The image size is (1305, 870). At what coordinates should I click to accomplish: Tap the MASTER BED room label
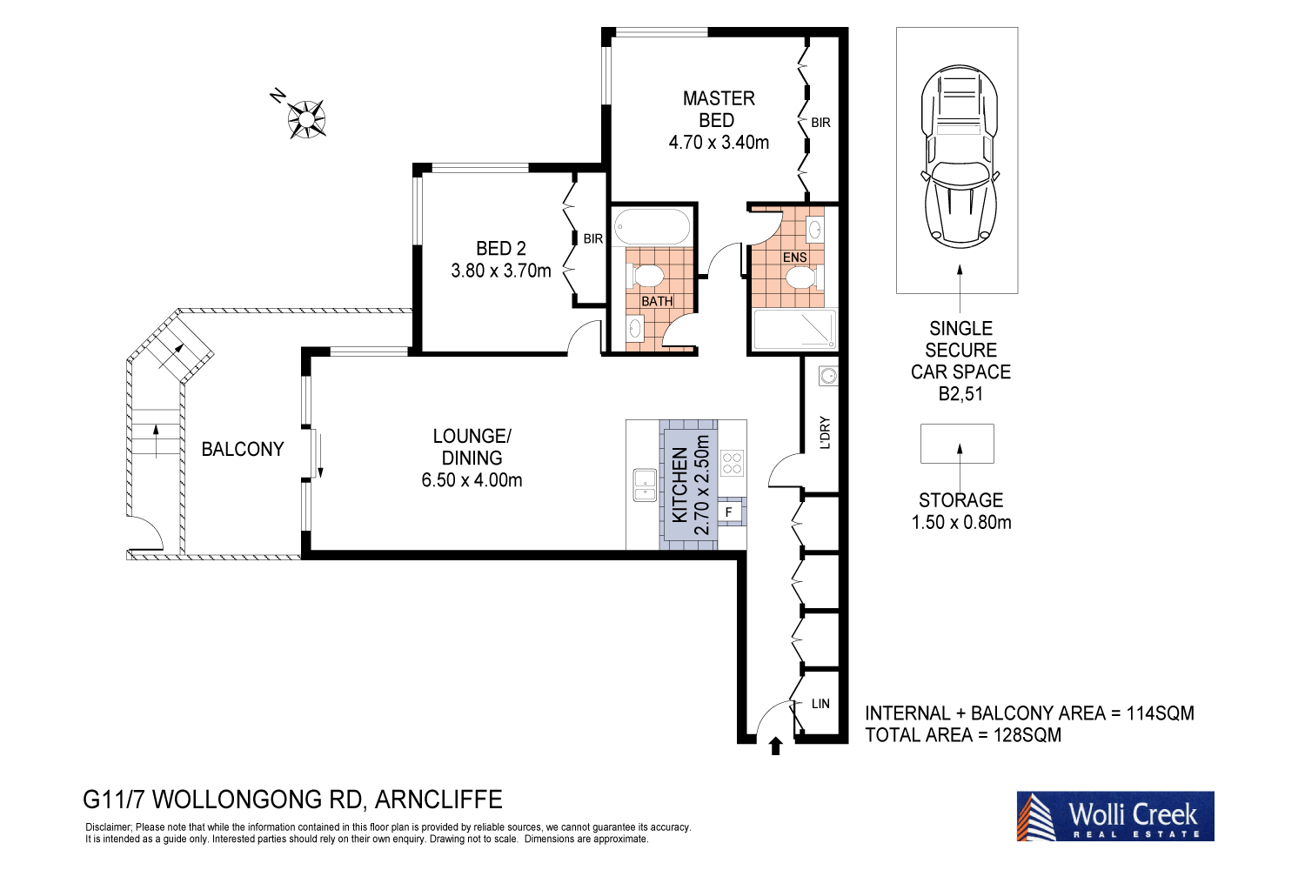(719, 110)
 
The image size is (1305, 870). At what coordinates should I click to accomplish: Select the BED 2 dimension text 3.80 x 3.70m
(501, 271)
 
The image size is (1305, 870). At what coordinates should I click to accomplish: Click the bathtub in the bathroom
(652, 227)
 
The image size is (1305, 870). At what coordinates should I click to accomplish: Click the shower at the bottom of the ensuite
(793, 330)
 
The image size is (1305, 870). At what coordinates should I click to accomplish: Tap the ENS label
(794, 258)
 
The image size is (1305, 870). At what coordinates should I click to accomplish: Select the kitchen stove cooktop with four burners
(733, 463)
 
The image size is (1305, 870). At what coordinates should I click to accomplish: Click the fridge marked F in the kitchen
(729, 512)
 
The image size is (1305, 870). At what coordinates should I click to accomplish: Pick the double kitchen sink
(645, 485)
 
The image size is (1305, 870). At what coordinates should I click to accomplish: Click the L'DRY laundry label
(825, 432)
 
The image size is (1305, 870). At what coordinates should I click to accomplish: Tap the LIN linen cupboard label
(820, 704)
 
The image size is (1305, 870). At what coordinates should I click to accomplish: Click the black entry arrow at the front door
(776, 746)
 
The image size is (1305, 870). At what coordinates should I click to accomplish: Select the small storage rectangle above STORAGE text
(957, 444)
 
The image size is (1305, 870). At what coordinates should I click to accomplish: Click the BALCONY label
(243, 449)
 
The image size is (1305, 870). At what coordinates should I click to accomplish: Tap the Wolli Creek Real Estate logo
(1115, 816)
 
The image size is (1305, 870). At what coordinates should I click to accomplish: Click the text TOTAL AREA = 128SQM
(963, 735)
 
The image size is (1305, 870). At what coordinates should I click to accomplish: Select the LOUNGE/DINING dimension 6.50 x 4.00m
(472, 480)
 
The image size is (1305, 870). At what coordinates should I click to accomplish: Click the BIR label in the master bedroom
(820, 123)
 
